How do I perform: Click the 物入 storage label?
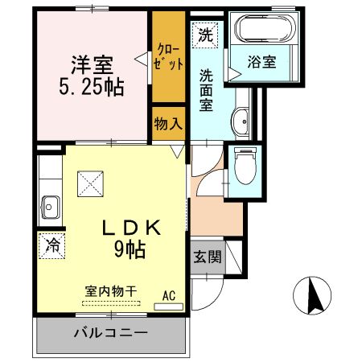169,124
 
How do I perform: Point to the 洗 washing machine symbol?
205,35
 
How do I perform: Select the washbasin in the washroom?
241,123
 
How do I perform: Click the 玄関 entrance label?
207,257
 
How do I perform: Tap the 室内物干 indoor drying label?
110,291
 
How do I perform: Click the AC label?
169,295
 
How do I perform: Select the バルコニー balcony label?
111,332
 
